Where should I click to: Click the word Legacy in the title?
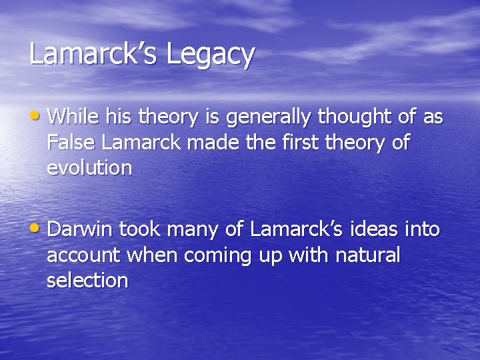210,55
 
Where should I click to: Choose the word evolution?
89,168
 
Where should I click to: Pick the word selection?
87,280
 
